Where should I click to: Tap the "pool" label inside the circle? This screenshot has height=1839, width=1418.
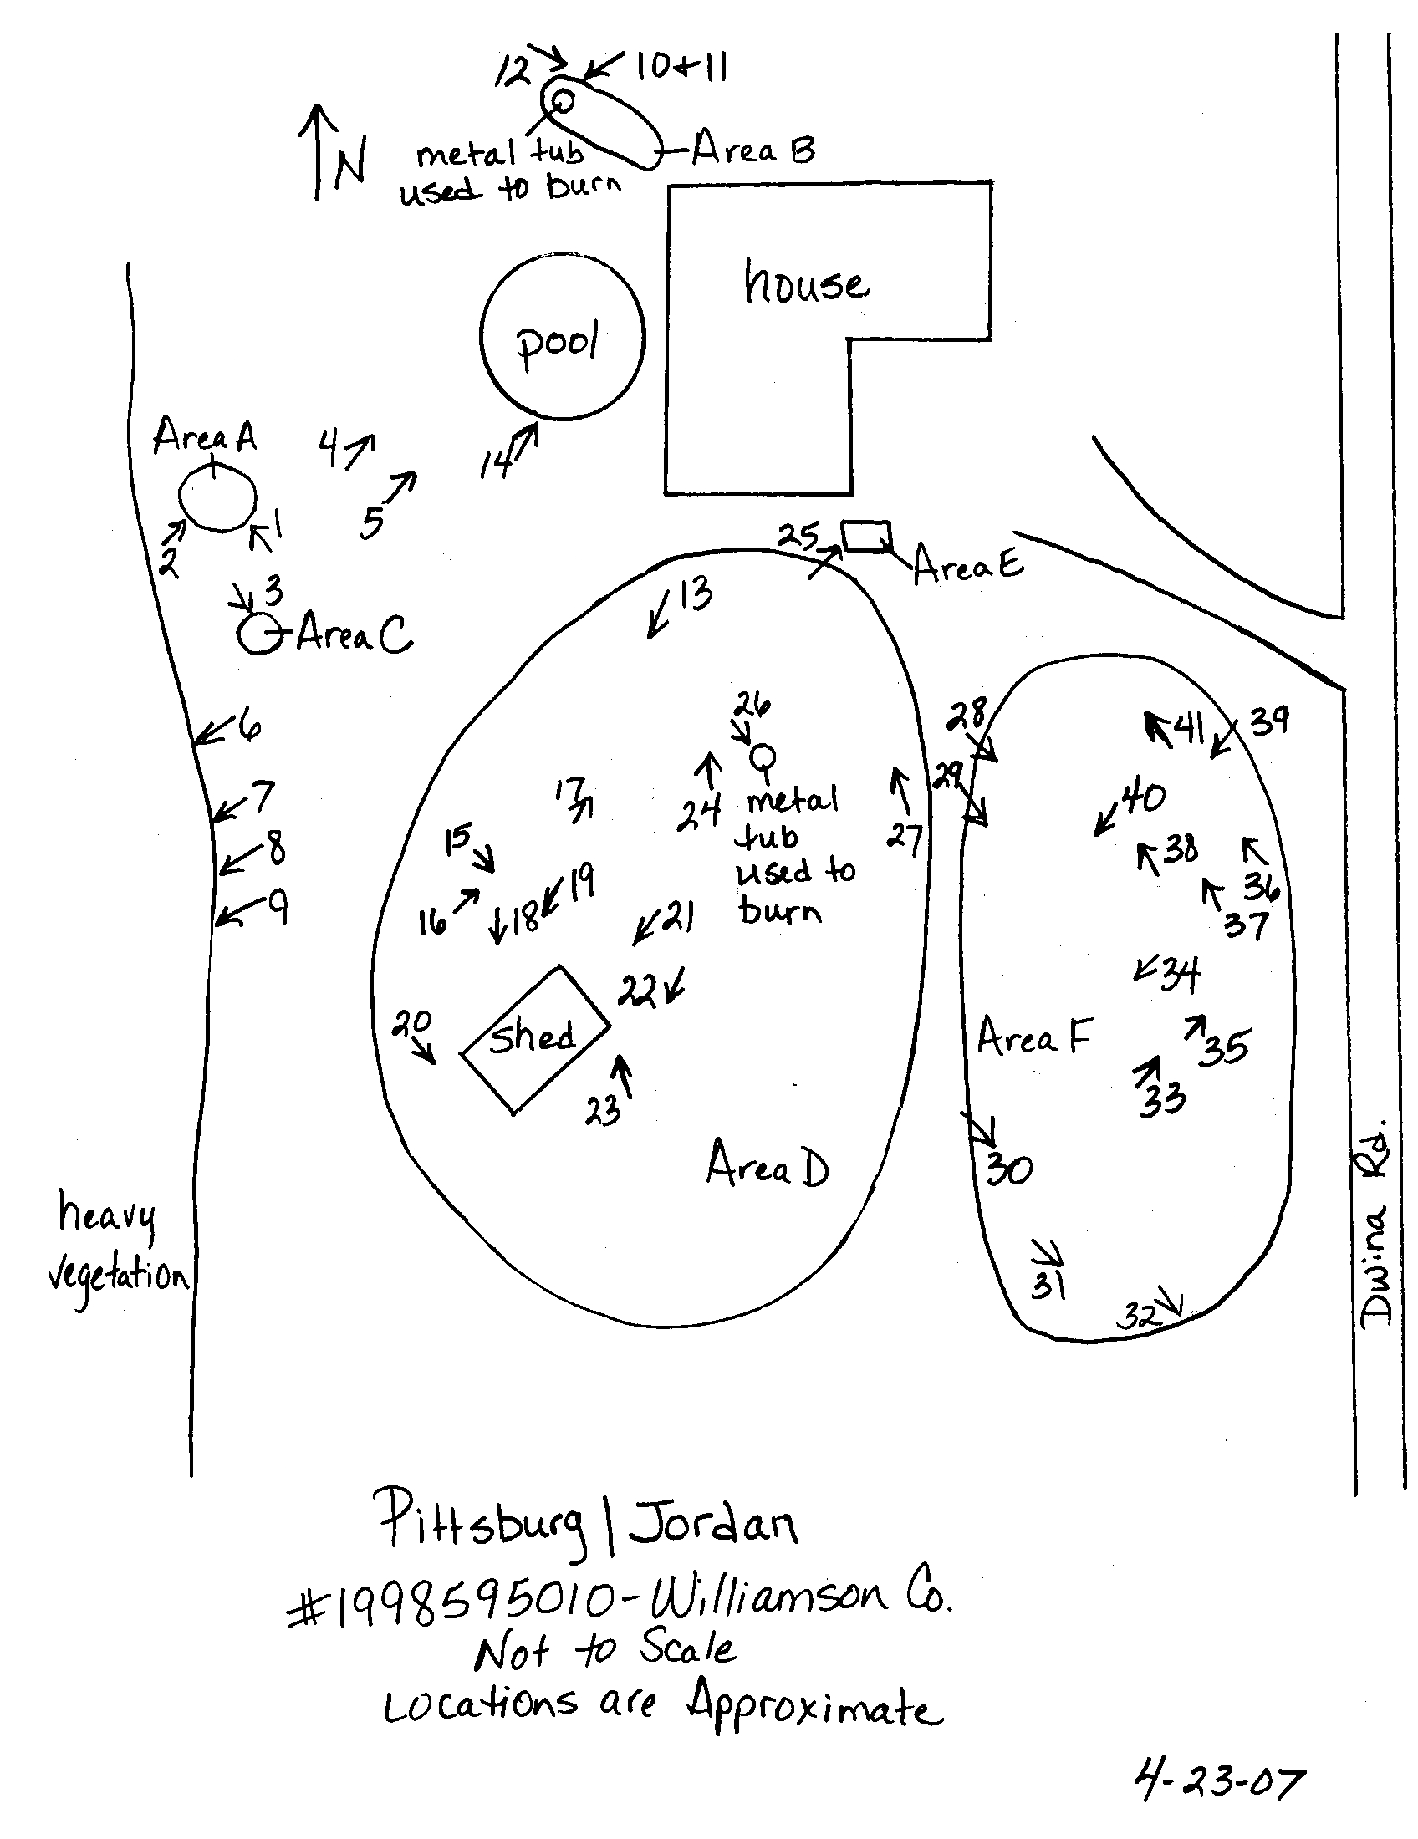point(558,343)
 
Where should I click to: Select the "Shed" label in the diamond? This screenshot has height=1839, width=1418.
point(533,1037)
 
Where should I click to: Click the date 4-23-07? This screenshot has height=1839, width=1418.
point(1218,1782)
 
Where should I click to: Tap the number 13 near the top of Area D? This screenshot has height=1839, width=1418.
point(695,593)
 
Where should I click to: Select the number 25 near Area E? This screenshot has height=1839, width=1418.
point(798,536)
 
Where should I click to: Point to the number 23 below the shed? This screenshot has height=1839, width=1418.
point(603,1112)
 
